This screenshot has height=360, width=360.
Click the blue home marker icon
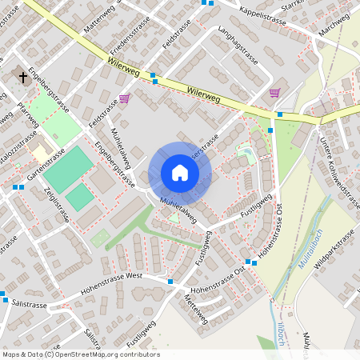tap(179, 173)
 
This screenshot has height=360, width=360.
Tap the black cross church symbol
tap(23, 77)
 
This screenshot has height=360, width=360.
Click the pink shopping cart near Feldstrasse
tap(124, 99)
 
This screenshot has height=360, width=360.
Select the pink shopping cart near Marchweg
tap(275, 93)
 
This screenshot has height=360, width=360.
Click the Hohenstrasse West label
tap(112, 281)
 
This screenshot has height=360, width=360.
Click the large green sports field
tap(68, 167)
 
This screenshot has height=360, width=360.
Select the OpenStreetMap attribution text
tap(80, 354)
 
